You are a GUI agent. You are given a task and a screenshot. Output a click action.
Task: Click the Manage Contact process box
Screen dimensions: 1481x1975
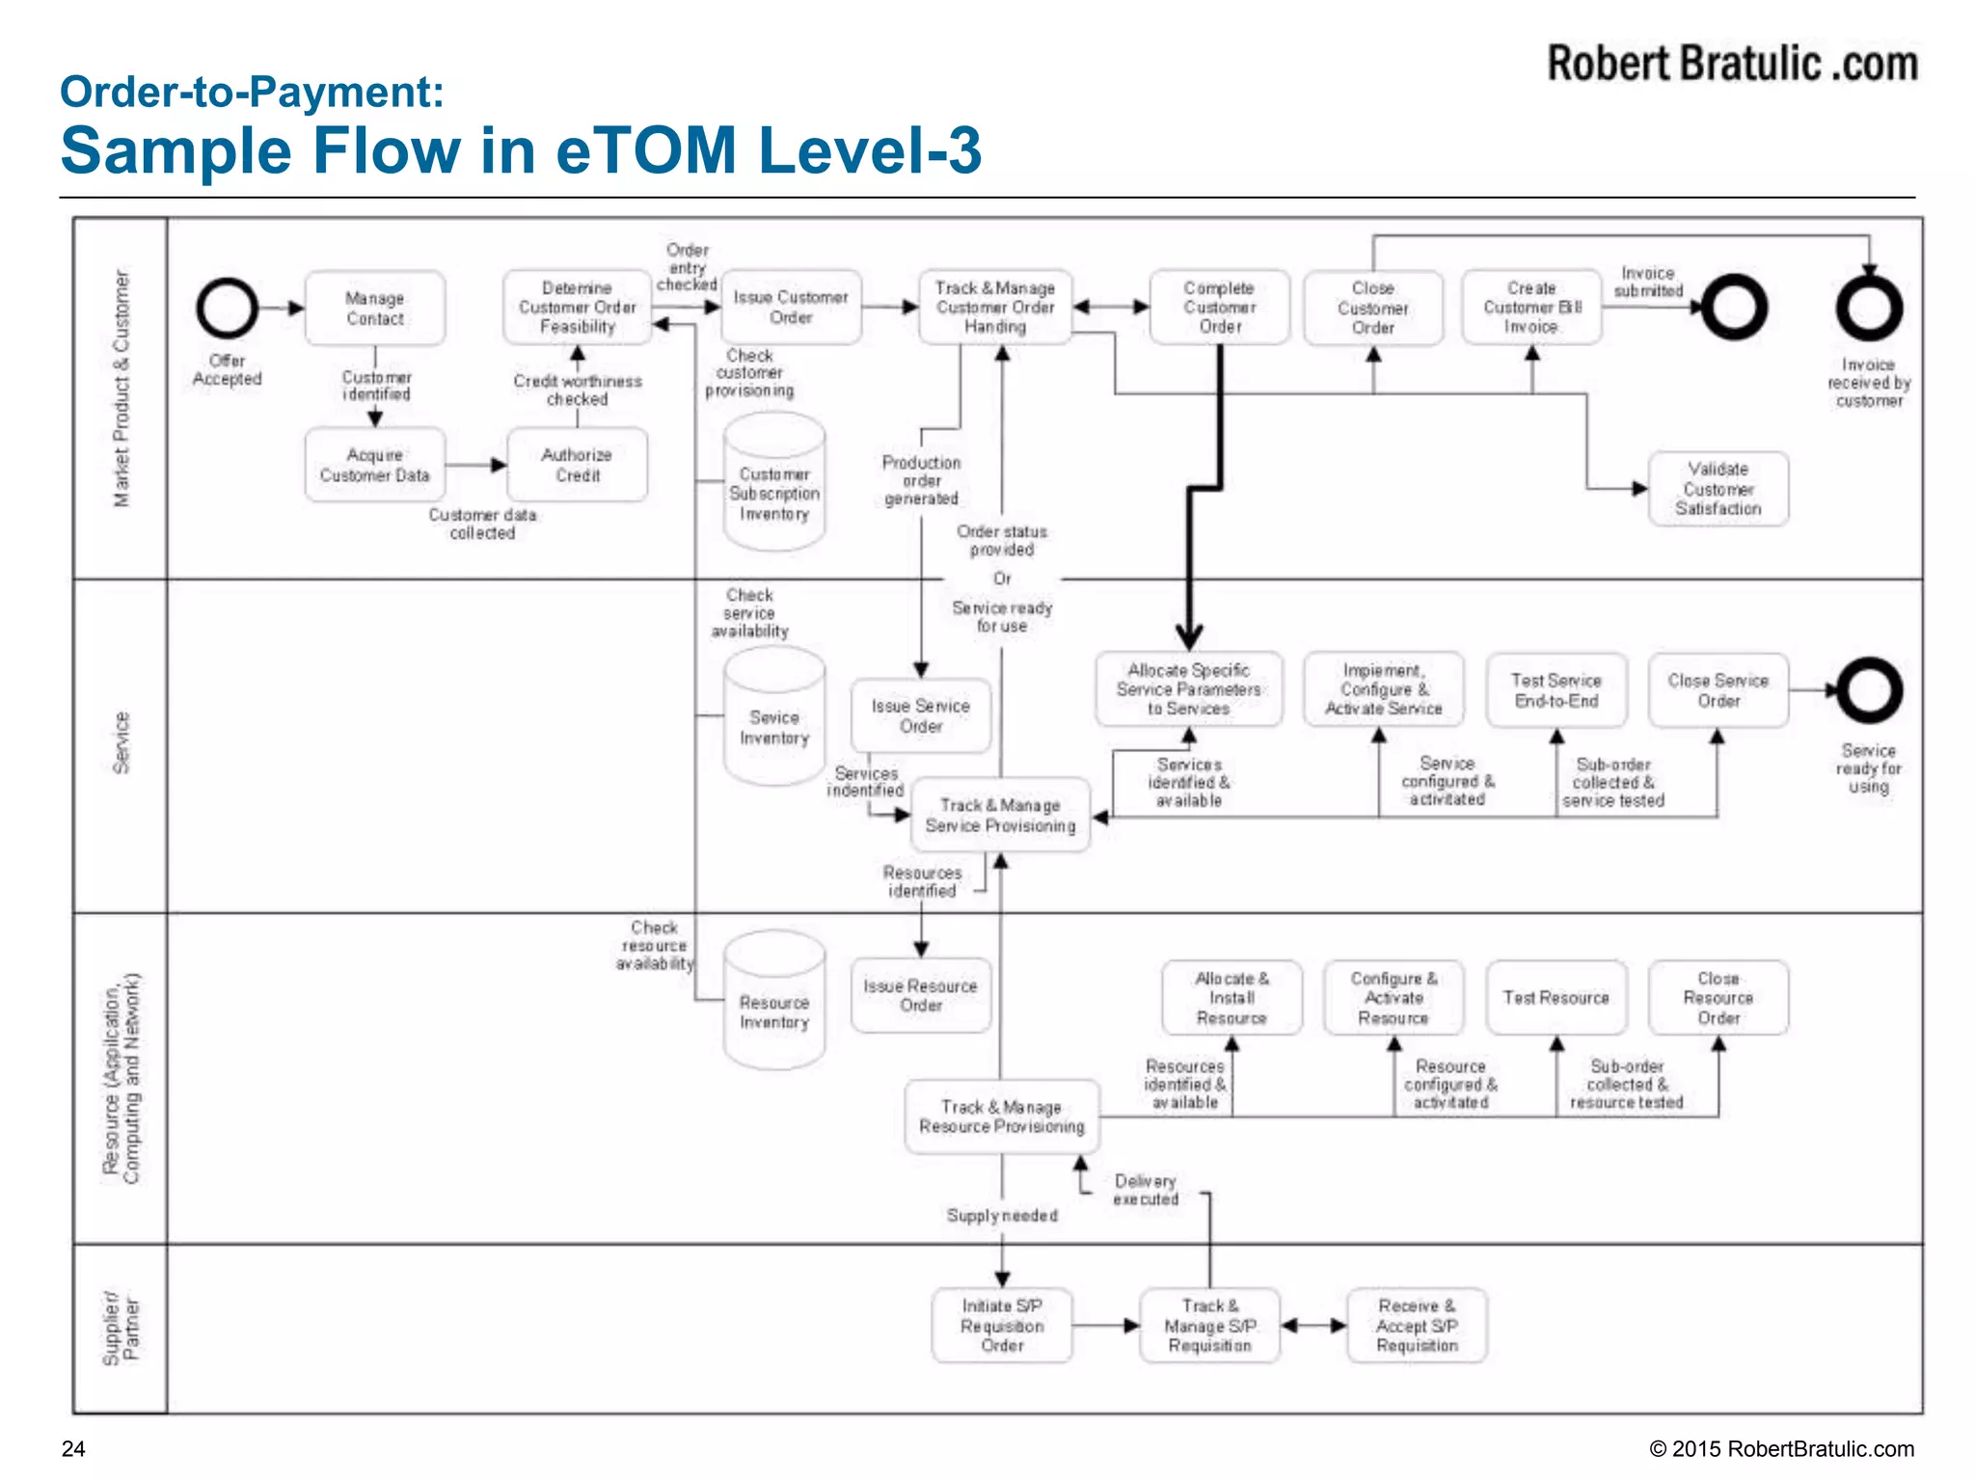click(x=375, y=309)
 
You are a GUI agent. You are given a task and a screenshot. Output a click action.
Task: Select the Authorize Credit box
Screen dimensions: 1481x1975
click(x=577, y=465)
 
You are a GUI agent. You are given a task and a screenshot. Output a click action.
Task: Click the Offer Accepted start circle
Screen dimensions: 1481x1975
click(x=228, y=309)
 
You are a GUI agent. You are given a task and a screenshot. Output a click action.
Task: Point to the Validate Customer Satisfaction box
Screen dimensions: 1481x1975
click(x=1718, y=489)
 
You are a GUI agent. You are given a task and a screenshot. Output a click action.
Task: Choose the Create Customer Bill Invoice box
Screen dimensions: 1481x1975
click(x=1531, y=308)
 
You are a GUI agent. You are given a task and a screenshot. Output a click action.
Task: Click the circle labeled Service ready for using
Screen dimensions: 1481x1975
click(x=1869, y=690)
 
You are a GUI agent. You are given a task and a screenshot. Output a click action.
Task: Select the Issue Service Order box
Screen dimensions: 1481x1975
click(x=920, y=716)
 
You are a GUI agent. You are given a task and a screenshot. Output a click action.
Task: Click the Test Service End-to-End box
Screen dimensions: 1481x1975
click(x=1556, y=690)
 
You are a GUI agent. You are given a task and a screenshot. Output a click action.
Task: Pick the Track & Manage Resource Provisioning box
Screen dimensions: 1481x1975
click(x=1001, y=1117)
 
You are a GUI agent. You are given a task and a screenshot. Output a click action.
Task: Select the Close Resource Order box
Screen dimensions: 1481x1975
click(x=1718, y=998)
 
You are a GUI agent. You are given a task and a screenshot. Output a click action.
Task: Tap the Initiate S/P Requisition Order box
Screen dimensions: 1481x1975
click(x=1002, y=1326)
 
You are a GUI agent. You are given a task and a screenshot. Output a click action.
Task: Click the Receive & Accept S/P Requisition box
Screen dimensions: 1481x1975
click(x=1417, y=1326)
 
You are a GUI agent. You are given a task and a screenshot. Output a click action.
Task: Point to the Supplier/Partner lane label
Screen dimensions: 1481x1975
click(x=121, y=1329)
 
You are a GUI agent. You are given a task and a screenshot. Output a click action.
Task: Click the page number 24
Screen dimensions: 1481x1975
click(x=73, y=1449)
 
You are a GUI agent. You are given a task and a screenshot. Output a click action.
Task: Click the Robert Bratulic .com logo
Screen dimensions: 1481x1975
click(x=1732, y=64)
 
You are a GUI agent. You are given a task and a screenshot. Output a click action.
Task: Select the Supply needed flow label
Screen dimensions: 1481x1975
click(x=1002, y=1216)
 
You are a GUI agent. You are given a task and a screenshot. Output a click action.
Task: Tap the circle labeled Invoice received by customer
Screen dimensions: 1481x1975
click(x=1869, y=309)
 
